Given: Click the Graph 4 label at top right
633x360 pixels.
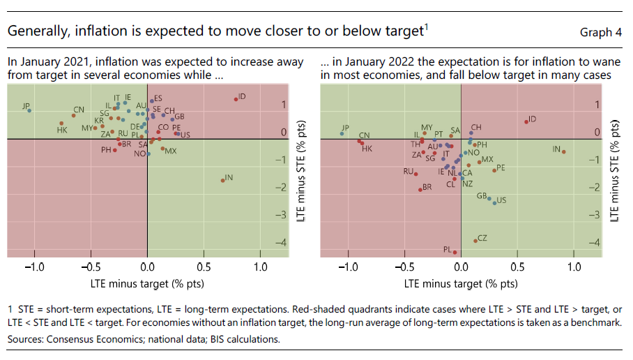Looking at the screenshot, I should [600, 32].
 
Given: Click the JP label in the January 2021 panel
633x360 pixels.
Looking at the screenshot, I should [26, 106].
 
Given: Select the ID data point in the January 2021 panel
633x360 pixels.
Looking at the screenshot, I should [236, 99].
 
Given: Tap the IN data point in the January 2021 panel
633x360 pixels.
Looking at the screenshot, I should [222, 180].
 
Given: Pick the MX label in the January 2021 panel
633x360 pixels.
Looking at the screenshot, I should [171, 151].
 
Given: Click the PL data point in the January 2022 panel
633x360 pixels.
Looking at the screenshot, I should [455, 253].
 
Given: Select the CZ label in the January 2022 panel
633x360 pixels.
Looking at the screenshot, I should [482, 239].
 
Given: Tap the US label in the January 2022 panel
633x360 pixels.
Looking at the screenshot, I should [501, 200].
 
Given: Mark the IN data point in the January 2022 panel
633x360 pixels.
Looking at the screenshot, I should [563, 151].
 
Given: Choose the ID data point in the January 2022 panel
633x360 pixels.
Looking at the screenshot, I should [526, 122].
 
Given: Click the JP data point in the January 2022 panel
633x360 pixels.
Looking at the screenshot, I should [342, 133].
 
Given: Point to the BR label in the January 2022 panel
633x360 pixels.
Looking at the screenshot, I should [427, 187].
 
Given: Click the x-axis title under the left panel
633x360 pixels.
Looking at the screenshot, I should [147, 283].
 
